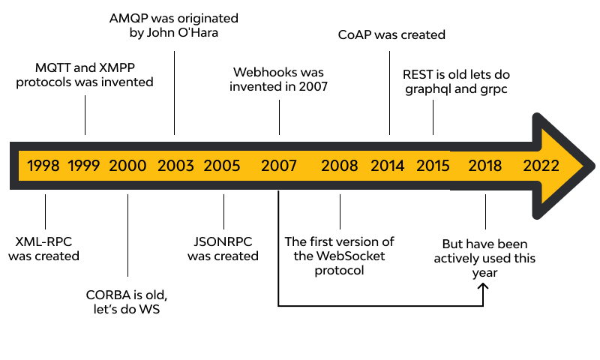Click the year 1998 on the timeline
pyautogui.click(x=43, y=165)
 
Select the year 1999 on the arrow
pyautogui.click(x=84, y=165)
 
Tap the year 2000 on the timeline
pyautogui.click(x=127, y=165)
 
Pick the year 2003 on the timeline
pyautogui.click(x=175, y=165)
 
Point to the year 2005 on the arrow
pyautogui.click(x=222, y=165)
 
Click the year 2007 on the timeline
pyautogui.click(x=279, y=165)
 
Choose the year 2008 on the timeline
pyautogui.click(x=340, y=165)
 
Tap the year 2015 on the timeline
pyautogui.click(x=433, y=165)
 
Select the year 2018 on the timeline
pyautogui.click(x=485, y=165)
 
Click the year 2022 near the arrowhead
pyautogui.click(x=541, y=165)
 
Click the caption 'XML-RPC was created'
pyautogui.click(x=44, y=249)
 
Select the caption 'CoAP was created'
pyautogui.click(x=391, y=34)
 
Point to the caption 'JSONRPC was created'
pyautogui.click(x=223, y=249)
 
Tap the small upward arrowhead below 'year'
pyautogui.click(x=484, y=287)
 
